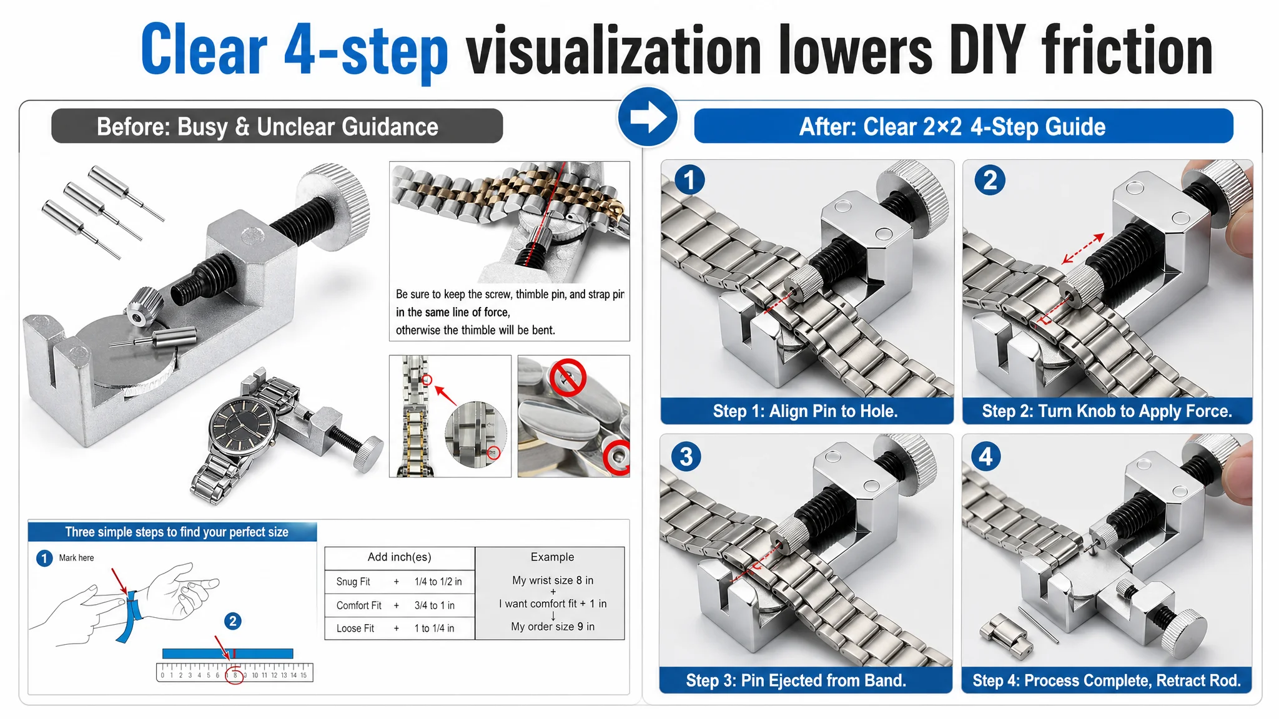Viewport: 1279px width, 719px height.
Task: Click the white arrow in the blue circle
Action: pos(648,117)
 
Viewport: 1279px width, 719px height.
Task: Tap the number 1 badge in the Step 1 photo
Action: pos(689,180)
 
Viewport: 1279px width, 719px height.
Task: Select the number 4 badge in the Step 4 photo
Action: pos(986,456)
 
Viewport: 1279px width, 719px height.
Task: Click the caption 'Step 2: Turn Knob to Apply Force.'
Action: pos(1107,411)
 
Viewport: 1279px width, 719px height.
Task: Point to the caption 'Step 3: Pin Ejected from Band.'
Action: pos(796,680)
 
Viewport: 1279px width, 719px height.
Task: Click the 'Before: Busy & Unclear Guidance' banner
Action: pos(277,126)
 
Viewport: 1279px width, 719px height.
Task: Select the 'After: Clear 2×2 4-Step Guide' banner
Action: pos(964,126)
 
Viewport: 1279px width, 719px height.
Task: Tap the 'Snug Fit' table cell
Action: pos(353,582)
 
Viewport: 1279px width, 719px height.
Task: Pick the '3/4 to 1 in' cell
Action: pos(434,605)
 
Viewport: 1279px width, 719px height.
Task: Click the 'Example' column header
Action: pos(552,557)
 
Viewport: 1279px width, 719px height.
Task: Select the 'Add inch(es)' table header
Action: pos(399,557)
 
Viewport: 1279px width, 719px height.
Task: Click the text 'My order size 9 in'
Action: pos(553,627)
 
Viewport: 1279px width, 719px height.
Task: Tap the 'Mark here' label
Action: pos(76,558)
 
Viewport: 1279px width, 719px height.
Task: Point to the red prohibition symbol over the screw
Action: pos(568,377)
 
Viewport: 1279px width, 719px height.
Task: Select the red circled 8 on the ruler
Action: pos(235,675)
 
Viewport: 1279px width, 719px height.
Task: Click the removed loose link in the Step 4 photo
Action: pos(1005,635)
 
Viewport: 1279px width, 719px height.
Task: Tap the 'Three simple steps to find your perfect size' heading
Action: pos(177,532)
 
